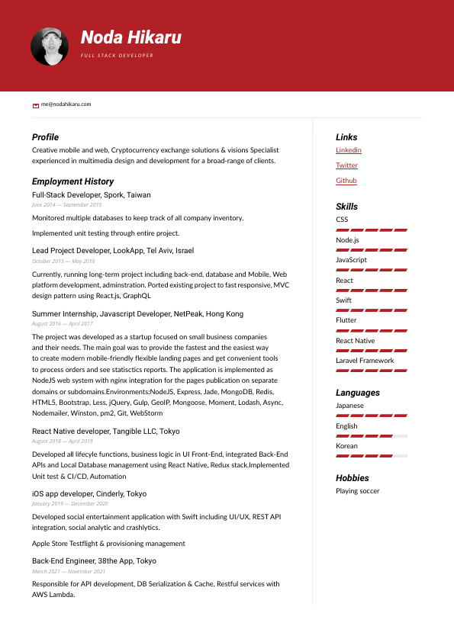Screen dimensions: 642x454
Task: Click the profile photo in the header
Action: [50, 47]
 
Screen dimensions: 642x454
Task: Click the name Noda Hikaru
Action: [131, 37]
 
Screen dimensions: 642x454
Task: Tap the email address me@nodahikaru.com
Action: [66, 104]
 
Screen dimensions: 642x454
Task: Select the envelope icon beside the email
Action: [36, 104]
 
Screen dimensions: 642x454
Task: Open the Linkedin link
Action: [349, 150]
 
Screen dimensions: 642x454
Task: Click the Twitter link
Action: [346, 165]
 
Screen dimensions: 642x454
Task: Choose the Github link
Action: [346, 181]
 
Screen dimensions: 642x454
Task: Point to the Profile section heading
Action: [45, 137]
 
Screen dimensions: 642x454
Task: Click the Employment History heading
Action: [72, 181]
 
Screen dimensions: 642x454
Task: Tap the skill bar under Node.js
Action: [371, 249]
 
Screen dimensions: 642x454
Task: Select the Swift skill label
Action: [344, 300]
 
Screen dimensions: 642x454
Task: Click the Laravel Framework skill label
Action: [365, 361]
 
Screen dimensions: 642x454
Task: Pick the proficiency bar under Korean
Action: [371, 455]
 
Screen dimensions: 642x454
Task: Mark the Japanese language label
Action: [349, 406]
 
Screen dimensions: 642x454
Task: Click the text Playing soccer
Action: [357, 491]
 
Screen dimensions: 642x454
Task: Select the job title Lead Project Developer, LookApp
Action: [113, 250]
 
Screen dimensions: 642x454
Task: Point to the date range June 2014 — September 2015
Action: [66, 205]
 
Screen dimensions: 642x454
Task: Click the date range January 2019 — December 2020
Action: [69, 504]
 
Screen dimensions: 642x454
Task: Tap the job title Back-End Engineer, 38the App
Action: [94, 561]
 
